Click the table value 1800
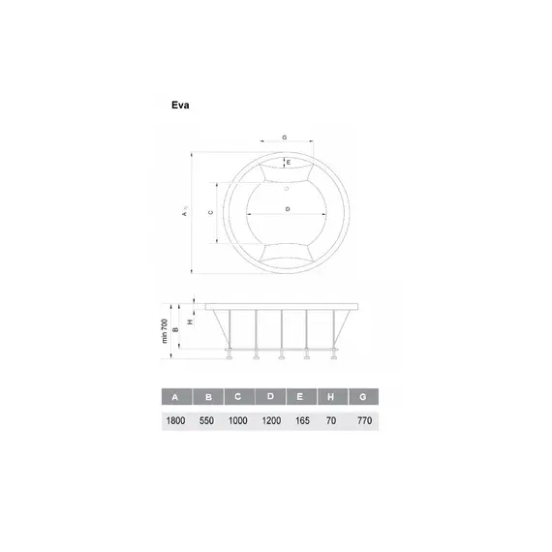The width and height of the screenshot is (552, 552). (175, 420)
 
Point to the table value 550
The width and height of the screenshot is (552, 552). (207, 420)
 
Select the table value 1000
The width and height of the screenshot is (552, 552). (238, 420)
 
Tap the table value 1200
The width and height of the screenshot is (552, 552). (270, 420)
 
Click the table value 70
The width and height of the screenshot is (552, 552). (332, 420)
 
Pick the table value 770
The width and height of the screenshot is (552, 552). (363, 420)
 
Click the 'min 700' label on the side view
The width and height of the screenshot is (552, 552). (165, 333)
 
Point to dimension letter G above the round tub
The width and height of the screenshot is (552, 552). (285, 138)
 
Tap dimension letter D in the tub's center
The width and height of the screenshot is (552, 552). (288, 209)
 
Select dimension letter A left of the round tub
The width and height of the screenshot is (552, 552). (183, 214)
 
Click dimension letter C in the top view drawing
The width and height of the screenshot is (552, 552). (211, 211)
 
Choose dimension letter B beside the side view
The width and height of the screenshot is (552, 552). (176, 326)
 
